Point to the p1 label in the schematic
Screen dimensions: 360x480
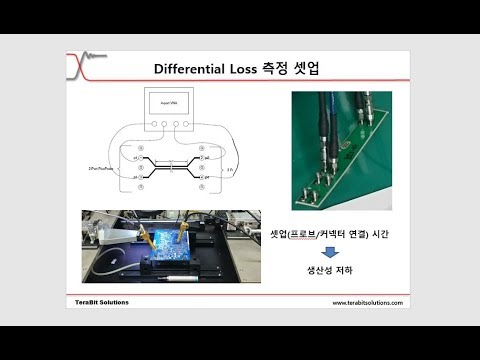coord(135,156)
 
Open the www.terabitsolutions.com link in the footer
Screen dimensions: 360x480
coord(367,302)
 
